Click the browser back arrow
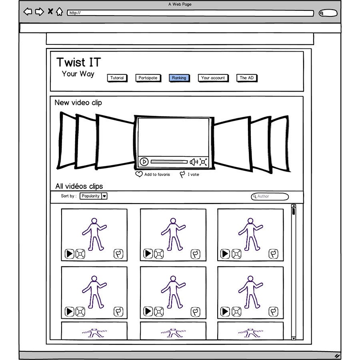point(28,12)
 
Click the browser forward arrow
point(40,12)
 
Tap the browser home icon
point(60,12)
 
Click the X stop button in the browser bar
point(50,11)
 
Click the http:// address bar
point(190,13)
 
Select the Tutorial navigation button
point(117,78)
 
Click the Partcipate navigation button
point(148,78)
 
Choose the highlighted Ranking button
point(179,78)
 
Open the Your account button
point(213,78)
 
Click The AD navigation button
point(246,78)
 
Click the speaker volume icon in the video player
point(194,162)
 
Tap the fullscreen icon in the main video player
point(203,162)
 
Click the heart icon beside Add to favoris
point(139,174)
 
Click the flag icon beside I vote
point(182,174)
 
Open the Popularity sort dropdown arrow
point(104,196)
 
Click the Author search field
point(270,196)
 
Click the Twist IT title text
point(79,62)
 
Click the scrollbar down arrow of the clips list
point(294,338)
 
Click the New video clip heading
point(78,103)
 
